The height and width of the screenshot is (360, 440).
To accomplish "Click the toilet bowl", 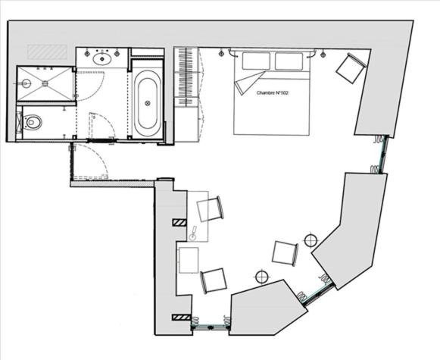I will [31, 122].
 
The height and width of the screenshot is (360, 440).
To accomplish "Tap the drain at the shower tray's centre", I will [27, 84].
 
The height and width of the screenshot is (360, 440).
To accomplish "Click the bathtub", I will [147, 103].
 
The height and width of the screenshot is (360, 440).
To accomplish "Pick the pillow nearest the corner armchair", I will [288, 61].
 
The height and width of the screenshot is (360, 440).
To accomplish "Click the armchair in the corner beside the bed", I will [350, 69].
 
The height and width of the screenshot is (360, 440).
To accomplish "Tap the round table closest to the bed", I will [310, 240].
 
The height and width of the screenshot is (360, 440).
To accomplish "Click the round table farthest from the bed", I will [262, 276].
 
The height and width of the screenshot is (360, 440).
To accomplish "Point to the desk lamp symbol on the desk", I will [193, 234].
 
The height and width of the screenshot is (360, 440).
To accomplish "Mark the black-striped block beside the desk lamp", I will [179, 222].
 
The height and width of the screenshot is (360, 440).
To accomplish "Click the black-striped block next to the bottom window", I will [179, 317].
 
